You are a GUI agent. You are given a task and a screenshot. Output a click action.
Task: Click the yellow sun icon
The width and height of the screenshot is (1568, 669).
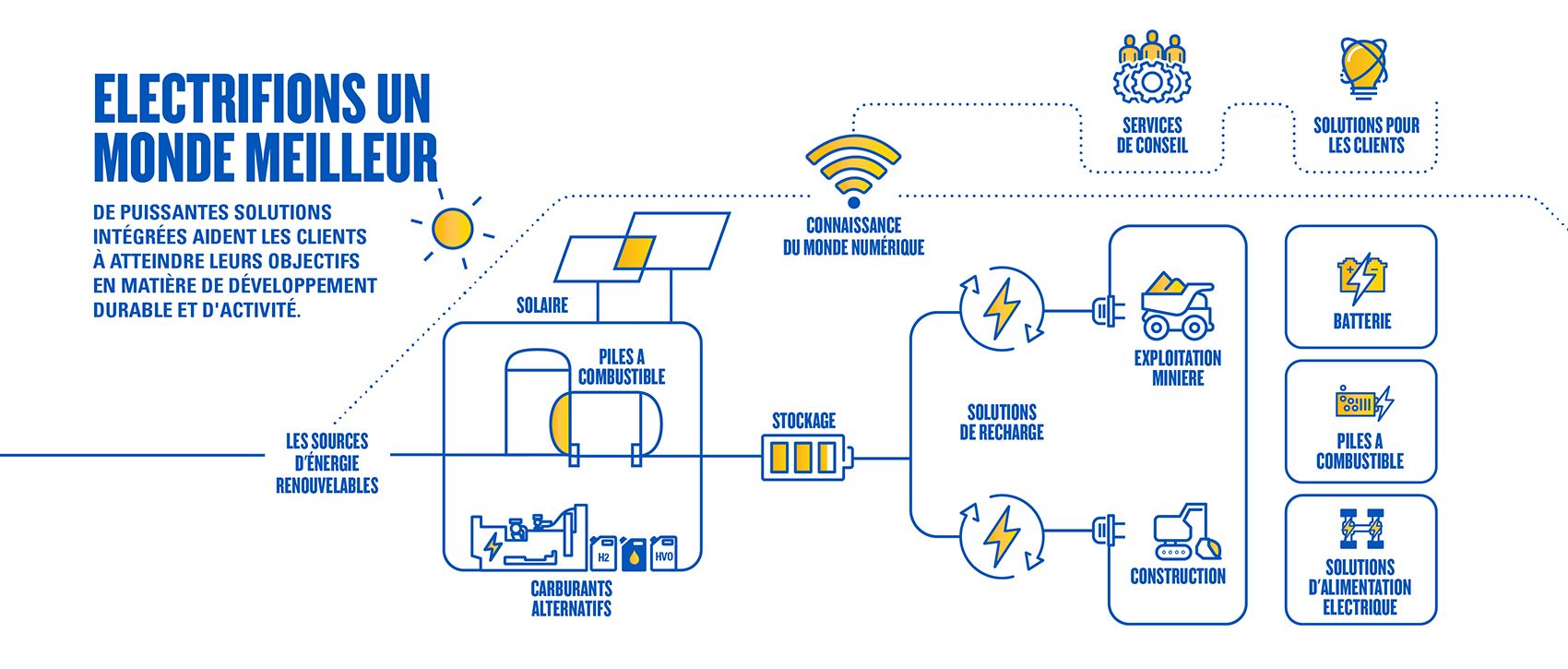452,228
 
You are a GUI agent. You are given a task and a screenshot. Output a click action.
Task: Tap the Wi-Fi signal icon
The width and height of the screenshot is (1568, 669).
852,170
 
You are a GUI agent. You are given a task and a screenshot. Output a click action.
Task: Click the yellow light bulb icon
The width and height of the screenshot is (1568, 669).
1362,66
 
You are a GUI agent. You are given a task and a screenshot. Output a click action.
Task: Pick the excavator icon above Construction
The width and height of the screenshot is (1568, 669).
1186,532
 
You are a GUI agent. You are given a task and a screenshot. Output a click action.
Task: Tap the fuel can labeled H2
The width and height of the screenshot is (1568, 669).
603,554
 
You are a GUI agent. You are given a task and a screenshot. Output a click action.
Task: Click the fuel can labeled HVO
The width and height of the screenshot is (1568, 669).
663,554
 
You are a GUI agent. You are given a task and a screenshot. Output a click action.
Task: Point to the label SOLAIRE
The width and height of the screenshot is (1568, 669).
541,305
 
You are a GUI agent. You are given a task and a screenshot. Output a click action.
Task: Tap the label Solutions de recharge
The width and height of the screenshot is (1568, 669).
1001,423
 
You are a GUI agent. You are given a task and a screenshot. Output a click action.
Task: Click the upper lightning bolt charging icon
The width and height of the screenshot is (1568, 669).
1001,308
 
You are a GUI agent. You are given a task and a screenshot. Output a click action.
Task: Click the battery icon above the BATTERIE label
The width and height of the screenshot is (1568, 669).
1361,277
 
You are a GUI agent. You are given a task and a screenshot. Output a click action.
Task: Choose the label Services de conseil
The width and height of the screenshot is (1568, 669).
1151,135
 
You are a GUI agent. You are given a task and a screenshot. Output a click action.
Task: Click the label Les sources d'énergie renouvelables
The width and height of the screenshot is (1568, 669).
327,463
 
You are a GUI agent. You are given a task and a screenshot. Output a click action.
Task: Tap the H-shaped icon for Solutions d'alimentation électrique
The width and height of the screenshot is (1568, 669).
1361,529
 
